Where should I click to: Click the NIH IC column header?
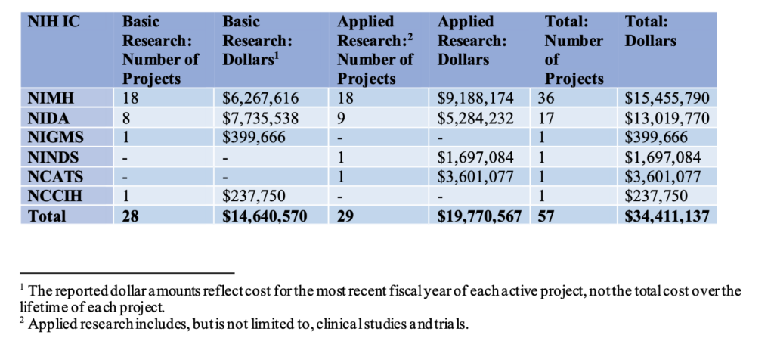coord(53,21)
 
